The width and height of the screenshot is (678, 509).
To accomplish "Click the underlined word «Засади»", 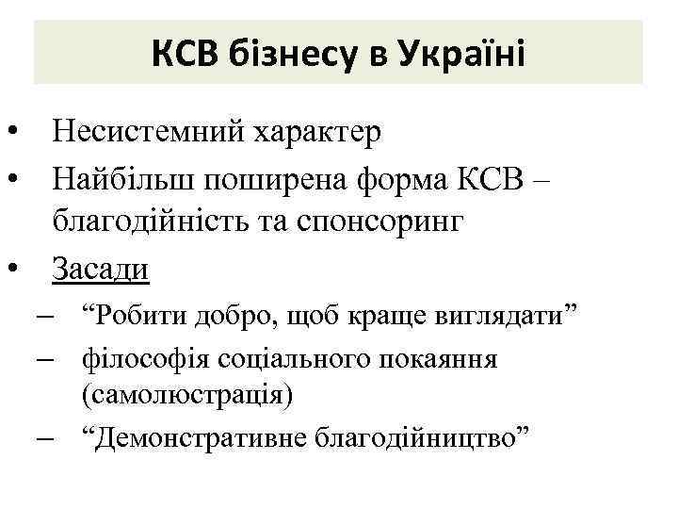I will (x=101, y=270).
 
